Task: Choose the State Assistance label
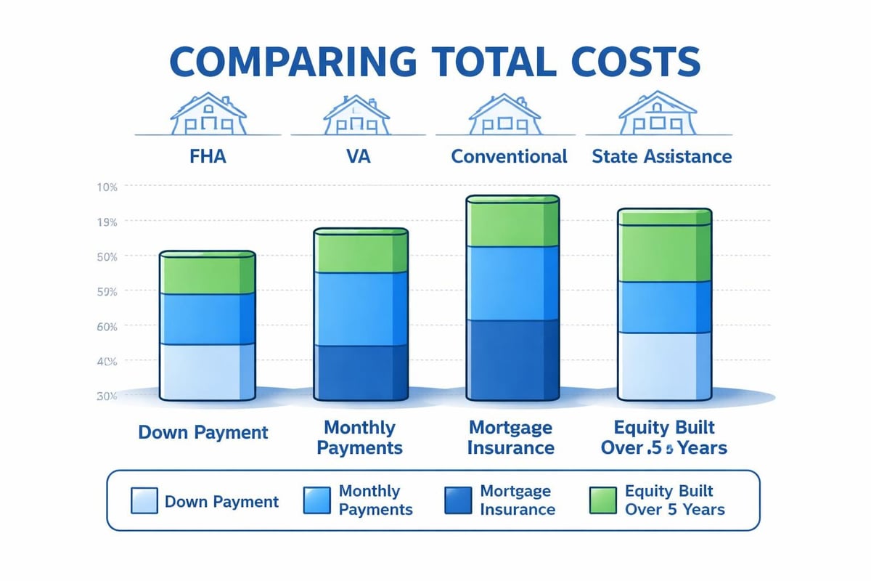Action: click(x=661, y=156)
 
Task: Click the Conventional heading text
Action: click(x=509, y=156)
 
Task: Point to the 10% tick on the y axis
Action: click(x=106, y=187)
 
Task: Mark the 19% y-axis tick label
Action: click(x=106, y=221)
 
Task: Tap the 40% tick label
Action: click(x=106, y=361)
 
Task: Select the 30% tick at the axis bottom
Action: click(x=106, y=396)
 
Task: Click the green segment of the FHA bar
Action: click(x=208, y=275)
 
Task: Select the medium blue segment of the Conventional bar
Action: click(x=512, y=283)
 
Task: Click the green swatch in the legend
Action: click(x=600, y=501)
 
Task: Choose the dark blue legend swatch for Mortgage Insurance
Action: click(x=456, y=501)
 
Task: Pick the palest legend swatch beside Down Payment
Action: click(x=144, y=501)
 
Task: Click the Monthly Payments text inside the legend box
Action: click(x=375, y=500)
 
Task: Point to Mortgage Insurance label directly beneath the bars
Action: click(x=510, y=437)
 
